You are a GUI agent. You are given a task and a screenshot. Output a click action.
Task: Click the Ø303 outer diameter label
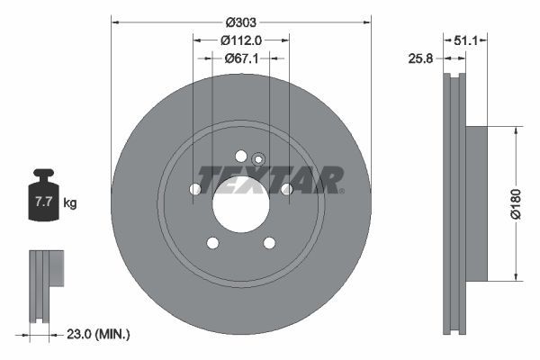tap(240, 21)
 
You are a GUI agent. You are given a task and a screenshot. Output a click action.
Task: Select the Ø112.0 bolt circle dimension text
tap(240, 40)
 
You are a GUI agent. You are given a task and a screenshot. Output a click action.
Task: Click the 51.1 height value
tap(465, 40)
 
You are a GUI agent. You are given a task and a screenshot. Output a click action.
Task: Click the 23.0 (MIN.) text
tap(99, 335)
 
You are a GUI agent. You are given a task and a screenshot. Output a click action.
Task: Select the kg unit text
tap(70, 203)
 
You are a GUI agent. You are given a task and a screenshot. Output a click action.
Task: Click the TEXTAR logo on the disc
tap(270, 180)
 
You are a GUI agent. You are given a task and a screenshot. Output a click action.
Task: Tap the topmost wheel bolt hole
tap(240, 157)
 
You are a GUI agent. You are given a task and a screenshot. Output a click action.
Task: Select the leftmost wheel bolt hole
tap(194, 190)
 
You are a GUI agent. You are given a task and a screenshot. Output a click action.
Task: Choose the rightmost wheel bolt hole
tap(286, 189)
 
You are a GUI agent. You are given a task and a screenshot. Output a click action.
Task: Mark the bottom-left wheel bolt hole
tap(212, 243)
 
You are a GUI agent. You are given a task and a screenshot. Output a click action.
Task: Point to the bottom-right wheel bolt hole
tap(268, 243)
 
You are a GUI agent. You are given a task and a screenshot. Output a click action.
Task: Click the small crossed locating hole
tap(257, 160)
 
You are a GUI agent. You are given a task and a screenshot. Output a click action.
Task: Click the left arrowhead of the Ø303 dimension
tap(113, 21)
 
